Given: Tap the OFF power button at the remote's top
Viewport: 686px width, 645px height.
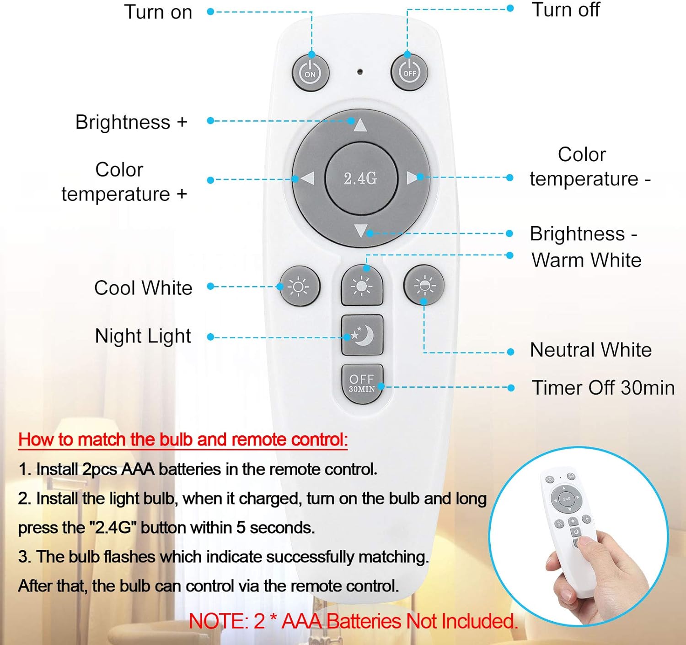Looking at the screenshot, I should click(x=409, y=72).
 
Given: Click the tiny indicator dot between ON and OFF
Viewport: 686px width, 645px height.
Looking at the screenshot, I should click(x=360, y=72).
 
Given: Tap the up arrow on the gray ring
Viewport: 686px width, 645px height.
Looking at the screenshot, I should click(x=360, y=125).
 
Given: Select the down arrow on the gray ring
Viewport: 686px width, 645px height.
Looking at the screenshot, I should click(x=361, y=230).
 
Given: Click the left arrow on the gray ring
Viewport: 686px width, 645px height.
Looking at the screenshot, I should click(x=307, y=179).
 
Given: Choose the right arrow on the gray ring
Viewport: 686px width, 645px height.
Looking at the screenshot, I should click(x=413, y=178).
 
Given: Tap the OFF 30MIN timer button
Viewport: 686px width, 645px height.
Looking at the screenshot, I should click(x=362, y=384).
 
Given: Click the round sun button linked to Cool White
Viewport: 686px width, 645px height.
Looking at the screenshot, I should click(x=299, y=287).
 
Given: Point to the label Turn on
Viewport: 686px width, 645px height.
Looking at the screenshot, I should click(x=158, y=12).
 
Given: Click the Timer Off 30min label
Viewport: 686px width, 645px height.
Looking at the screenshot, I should click(x=603, y=388).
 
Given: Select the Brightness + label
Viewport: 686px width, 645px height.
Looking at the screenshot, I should click(x=131, y=122).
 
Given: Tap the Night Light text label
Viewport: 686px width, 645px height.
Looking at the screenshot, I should click(x=143, y=336).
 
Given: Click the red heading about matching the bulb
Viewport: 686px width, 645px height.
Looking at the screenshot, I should click(x=183, y=439).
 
